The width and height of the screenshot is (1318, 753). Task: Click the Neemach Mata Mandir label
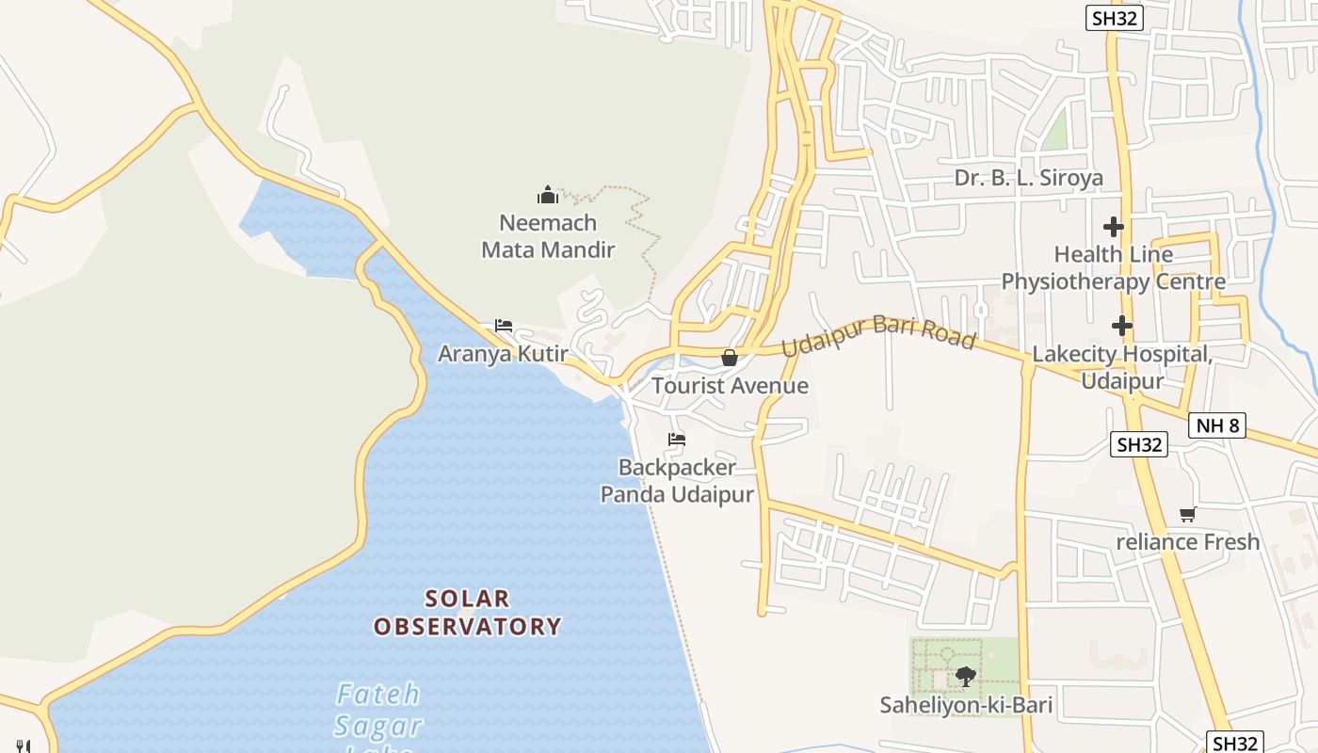click(x=548, y=236)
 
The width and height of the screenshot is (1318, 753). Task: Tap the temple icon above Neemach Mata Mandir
click(x=548, y=196)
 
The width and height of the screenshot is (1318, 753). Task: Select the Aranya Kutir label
click(x=503, y=354)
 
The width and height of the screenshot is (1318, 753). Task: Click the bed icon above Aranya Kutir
click(x=504, y=326)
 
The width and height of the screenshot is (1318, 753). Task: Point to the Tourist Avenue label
click(x=730, y=386)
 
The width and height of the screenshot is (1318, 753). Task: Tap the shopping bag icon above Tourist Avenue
click(x=729, y=358)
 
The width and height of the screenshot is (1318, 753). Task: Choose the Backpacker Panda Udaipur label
click(x=677, y=481)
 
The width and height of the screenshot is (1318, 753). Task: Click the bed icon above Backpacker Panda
click(x=676, y=439)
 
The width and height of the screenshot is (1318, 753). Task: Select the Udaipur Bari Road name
click(x=877, y=334)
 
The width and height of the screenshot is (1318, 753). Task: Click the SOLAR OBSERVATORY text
click(x=467, y=613)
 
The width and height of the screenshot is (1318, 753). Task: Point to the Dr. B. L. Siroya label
click(x=1028, y=178)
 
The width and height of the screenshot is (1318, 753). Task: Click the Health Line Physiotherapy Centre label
click(x=1113, y=268)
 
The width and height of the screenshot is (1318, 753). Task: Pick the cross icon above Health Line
click(x=1114, y=227)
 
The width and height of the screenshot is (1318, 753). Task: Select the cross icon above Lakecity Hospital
click(x=1121, y=326)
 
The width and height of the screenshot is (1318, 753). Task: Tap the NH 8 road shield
click(x=1217, y=425)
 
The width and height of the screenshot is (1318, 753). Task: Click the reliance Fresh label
click(x=1187, y=542)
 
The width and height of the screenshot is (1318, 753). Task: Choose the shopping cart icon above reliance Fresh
click(x=1187, y=514)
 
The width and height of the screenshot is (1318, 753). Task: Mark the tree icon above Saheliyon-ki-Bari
click(x=965, y=676)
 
